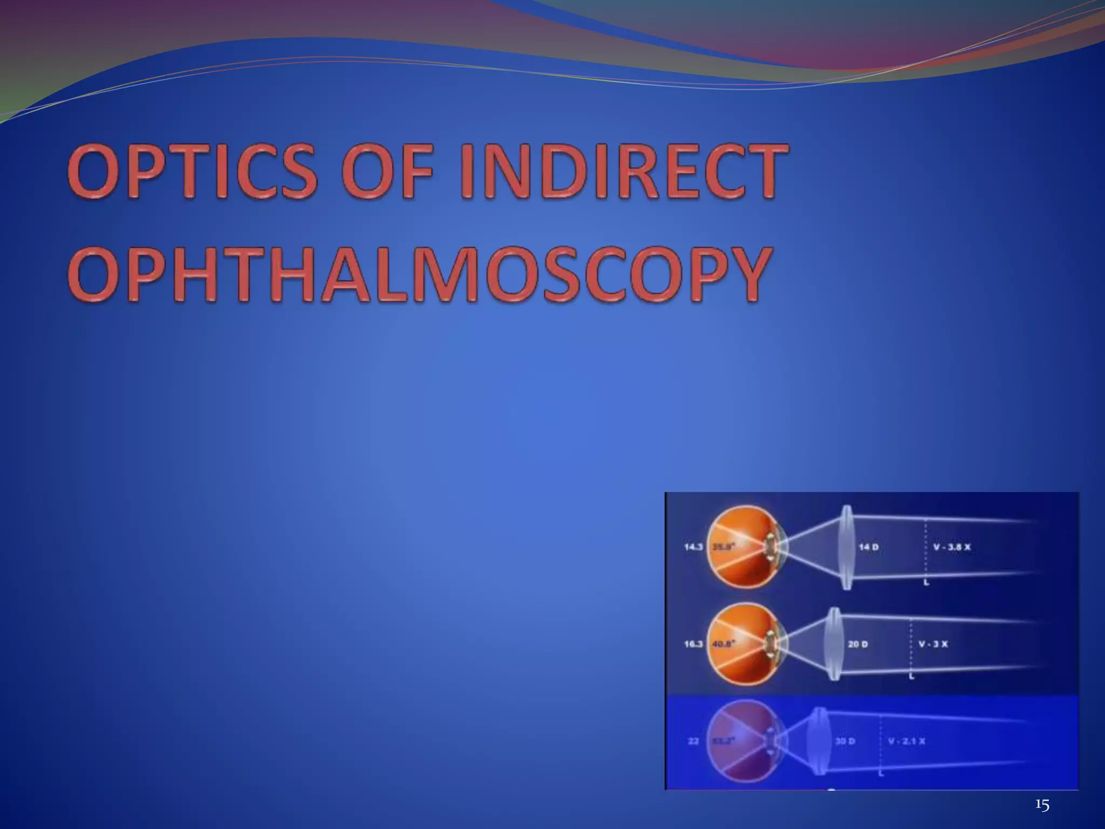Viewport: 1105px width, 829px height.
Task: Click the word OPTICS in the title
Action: click(x=192, y=174)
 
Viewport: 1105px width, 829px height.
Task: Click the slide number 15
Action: click(x=1042, y=806)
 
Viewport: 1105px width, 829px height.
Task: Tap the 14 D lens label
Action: click(x=868, y=547)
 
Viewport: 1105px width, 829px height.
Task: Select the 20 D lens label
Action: click(x=857, y=644)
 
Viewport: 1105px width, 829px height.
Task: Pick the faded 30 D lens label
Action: click(x=845, y=741)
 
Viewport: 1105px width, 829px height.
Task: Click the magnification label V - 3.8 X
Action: click(x=952, y=547)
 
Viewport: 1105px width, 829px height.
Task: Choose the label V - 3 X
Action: click(x=933, y=644)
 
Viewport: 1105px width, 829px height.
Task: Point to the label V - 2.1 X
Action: click(x=906, y=741)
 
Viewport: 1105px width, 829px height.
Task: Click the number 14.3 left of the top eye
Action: click(x=693, y=547)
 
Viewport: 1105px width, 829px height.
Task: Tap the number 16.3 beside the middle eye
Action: click(x=693, y=644)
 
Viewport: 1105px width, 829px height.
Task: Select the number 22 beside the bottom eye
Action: click(x=693, y=741)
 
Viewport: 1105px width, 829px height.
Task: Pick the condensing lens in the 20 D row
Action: click(x=833, y=644)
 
